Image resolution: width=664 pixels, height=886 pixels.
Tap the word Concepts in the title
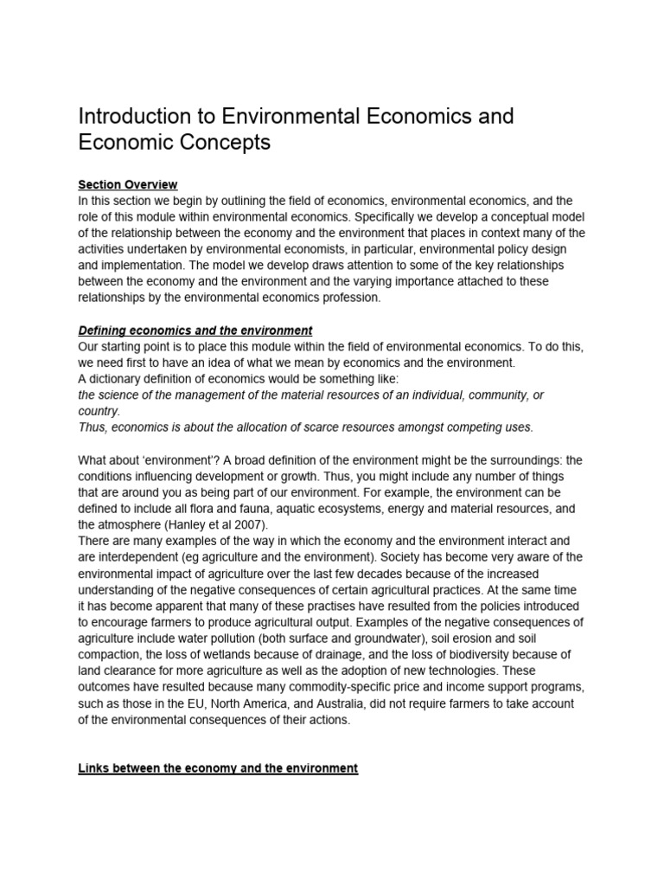(227, 143)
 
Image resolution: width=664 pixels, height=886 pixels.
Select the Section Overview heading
(127, 184)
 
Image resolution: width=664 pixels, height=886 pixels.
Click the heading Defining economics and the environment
(195, 331)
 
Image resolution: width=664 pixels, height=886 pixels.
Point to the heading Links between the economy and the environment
(218, 768)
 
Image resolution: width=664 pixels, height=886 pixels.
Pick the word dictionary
(119, 379)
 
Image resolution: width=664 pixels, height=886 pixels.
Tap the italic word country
(99, 411)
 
